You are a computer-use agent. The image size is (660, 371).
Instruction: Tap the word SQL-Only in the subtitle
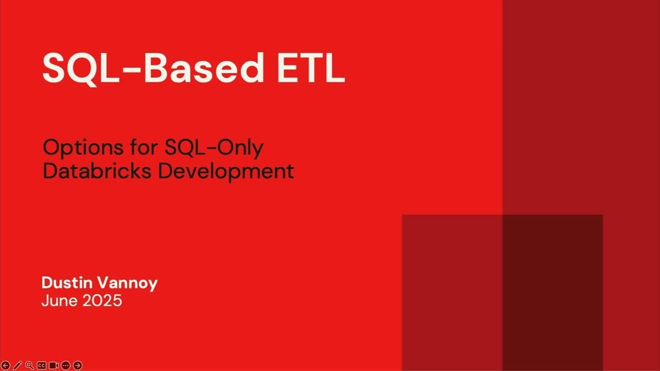[214, 148]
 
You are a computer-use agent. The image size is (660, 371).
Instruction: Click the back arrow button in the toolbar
[6, 365]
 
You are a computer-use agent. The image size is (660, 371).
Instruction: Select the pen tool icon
[18, 365]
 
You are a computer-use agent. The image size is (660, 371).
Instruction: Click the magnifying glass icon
[30, 365]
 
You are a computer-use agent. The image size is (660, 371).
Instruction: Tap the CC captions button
[42, 365]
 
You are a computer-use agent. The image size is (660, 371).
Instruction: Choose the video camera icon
[54, 365]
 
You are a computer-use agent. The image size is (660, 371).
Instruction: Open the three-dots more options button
[65, 365]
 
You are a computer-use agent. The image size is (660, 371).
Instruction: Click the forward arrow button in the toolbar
[78, 365]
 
